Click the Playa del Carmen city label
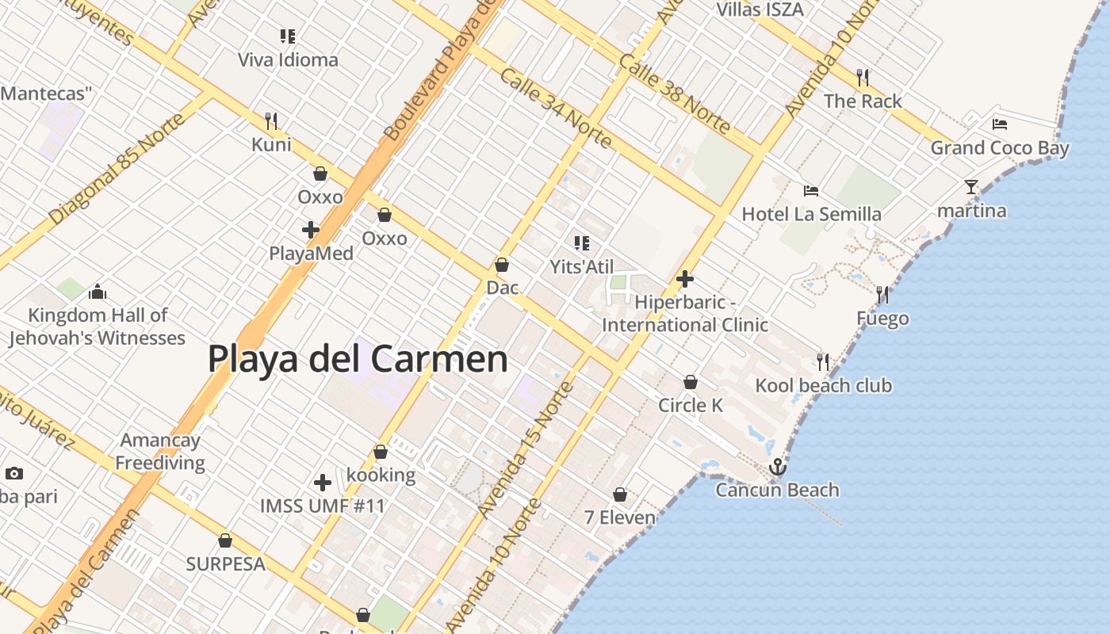[x=358, y=359]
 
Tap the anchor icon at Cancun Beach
[x=777, y=467]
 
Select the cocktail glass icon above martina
[x=971, y=187]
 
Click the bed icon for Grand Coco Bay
[x=999, y=124]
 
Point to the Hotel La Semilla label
[x=811, y=214]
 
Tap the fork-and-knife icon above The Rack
[x=863, y=78]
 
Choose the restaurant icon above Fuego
[x=882, y=296]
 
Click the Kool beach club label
[x=823, y=386]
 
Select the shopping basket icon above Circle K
[x=691, y=382]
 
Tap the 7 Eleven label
[x=620, y=518]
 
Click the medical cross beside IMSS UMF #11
[x=323, y=482]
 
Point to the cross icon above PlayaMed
[x=311, y=231]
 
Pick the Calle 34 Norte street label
[x=556, y=109]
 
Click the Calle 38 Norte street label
[x=675, y=94]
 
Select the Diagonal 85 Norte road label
[x=119, y=169]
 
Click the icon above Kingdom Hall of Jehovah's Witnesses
[x=98, y=292]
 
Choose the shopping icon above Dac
[x=502, y=265]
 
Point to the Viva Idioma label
[x=288, y=59]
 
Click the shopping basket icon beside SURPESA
[x=225, y=541]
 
